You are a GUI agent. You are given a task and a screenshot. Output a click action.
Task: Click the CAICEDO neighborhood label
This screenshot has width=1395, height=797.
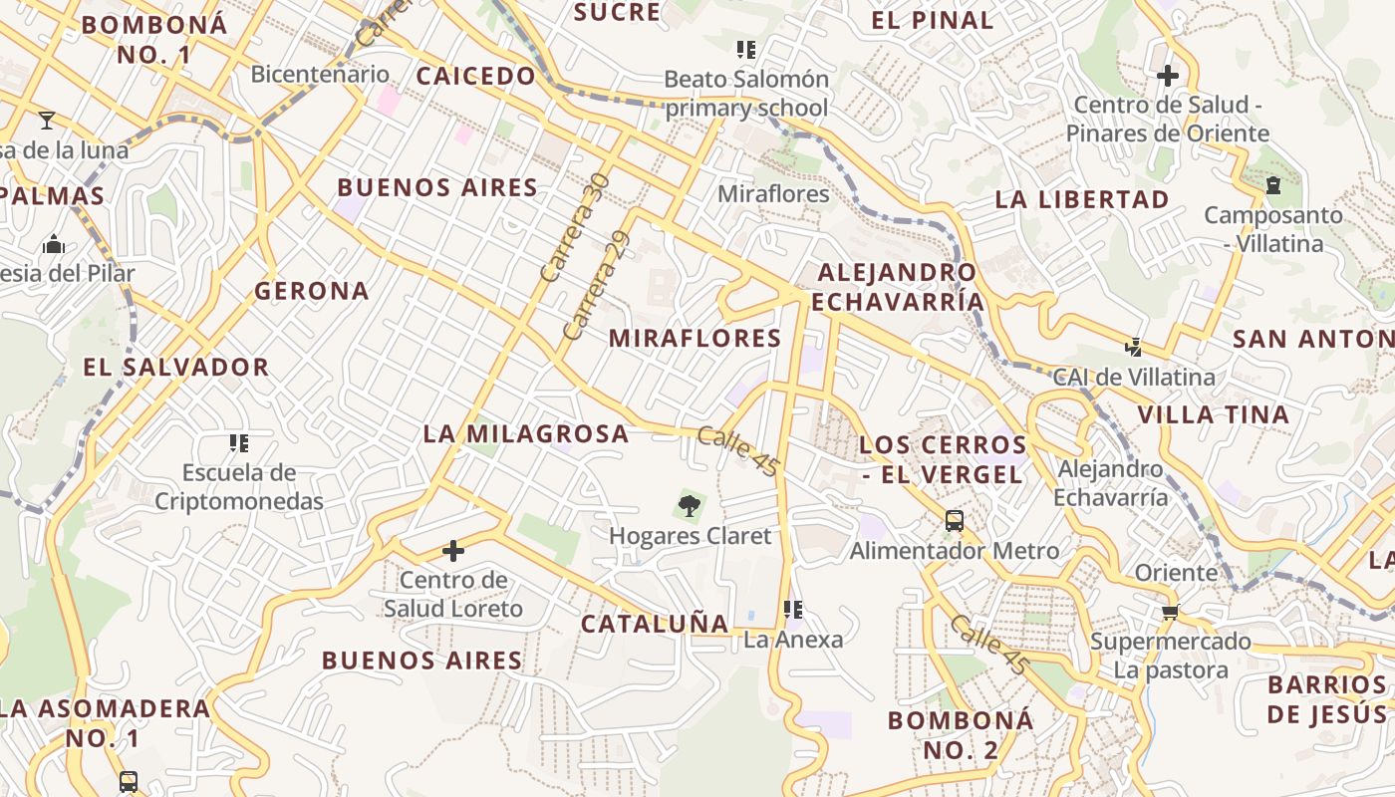point(475,76)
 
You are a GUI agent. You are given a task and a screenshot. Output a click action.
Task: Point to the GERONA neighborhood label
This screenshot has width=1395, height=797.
point(312,291)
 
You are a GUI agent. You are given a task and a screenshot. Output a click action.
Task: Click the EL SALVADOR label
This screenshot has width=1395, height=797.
point(175,367)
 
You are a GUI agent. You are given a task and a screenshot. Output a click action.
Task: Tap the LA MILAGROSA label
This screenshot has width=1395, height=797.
point(526,433)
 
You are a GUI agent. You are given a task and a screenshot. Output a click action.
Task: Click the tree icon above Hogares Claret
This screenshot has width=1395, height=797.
point(689,506)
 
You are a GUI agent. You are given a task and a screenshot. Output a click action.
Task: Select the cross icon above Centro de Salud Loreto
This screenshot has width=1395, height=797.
point(453,551)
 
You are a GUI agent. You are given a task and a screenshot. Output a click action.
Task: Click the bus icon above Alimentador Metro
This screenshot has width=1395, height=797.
point(954,520)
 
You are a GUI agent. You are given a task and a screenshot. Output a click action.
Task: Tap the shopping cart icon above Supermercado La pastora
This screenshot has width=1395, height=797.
point(1170,612)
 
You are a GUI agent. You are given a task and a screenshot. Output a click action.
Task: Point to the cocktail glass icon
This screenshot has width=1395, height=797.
point(47,121)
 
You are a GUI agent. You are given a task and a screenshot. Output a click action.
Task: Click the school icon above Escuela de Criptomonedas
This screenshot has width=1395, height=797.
point(238,443)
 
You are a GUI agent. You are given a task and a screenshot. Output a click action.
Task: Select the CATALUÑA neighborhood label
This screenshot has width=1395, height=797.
point(655,624)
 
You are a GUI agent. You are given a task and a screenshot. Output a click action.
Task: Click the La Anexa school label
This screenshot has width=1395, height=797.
point(793,640)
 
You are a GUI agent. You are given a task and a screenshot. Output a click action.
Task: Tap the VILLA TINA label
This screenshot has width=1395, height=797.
point(1213,414)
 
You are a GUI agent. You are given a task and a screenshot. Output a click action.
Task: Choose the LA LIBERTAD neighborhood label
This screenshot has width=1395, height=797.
point(1082,199)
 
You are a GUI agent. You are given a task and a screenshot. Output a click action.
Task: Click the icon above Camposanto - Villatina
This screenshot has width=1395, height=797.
point(1272,184)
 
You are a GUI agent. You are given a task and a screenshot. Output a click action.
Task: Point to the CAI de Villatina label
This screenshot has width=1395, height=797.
point(1134,378)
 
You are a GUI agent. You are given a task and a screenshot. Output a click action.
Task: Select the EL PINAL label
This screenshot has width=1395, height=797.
point(932,20)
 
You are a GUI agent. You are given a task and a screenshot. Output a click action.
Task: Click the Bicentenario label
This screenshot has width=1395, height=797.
point(320,74)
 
